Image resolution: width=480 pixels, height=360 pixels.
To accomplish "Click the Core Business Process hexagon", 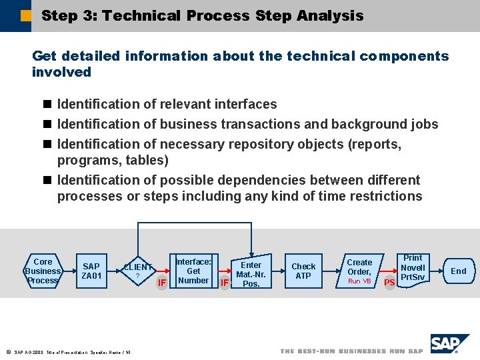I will coord(43,271).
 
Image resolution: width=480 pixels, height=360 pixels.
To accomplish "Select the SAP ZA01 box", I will coord(91,271).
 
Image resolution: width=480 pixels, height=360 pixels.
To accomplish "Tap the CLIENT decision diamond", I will coord(137,271).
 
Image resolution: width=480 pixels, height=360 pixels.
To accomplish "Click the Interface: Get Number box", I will coord(193,271).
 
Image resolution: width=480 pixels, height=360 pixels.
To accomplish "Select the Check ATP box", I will coord(303,271).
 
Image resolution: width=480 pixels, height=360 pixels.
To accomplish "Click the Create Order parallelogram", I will coord(359,271).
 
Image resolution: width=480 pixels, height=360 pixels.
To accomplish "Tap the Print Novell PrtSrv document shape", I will coord(413,269).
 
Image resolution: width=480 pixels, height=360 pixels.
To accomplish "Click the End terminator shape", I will coord(459,271).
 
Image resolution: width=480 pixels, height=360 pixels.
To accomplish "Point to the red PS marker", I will coord(389,283).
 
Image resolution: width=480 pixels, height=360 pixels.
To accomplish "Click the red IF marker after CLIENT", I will coord(161,283).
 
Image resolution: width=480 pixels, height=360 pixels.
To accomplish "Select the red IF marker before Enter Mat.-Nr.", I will coord(225,283).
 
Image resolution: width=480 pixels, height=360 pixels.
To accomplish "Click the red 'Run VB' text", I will coord(359,281).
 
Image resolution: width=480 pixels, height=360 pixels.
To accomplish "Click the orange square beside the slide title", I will coord(26,15).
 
